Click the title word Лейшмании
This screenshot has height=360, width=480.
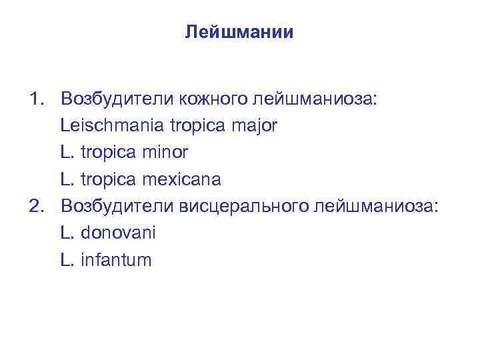[239, 32]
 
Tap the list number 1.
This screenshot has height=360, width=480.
[35, 99]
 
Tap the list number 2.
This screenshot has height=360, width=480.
[35, 206]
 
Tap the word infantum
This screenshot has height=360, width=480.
[116, 259]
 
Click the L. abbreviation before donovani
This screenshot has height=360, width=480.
[67, 233]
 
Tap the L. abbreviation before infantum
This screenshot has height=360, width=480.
[67, 259]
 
